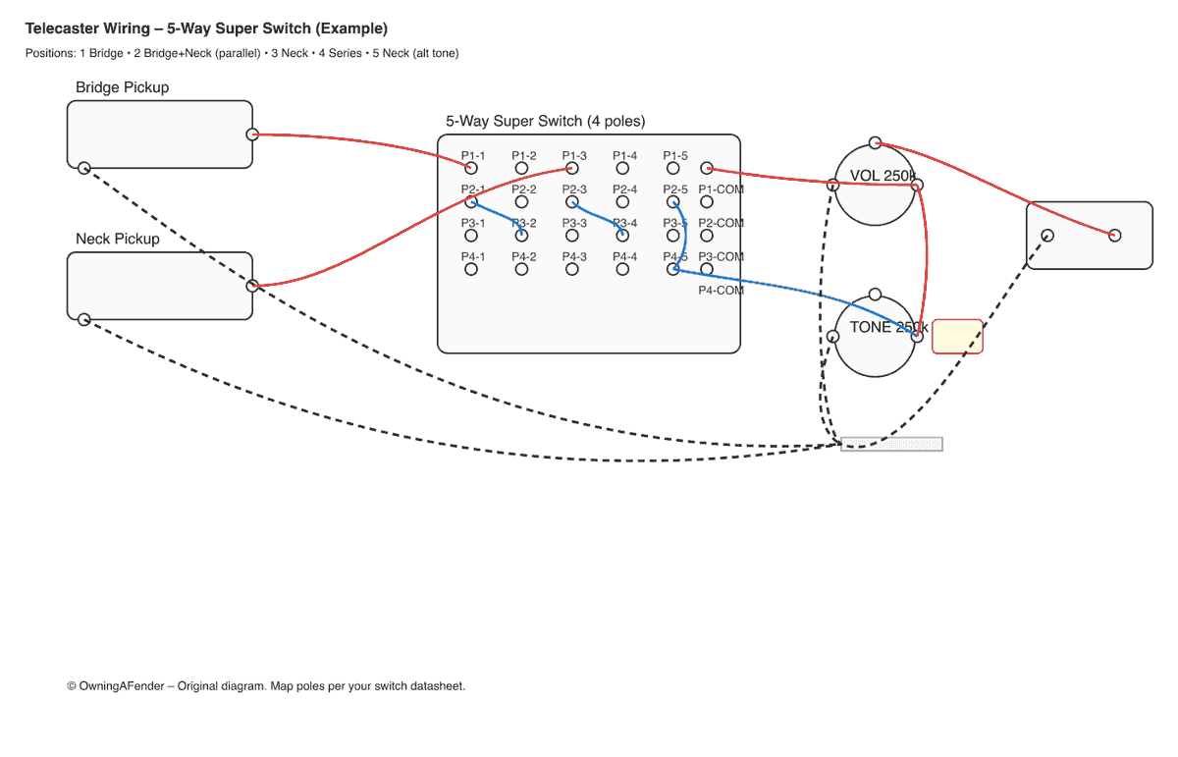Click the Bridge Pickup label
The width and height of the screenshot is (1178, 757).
coord(122,87)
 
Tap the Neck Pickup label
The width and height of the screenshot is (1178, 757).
coord(117,239)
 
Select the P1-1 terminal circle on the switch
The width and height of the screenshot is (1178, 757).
coord(471,169)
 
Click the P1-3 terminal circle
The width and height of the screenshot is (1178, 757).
coord(572,169)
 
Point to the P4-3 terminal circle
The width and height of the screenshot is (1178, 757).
coord(572,269)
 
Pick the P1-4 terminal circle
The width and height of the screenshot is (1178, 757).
coord(622,169)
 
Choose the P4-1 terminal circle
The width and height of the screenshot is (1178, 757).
coord(471,269)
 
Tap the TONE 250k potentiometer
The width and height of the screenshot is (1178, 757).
coord(875,336)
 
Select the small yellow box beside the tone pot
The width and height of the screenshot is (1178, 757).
coord(956,336)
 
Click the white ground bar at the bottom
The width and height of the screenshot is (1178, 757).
coord(891,444)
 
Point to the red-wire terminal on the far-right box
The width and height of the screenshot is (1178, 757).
coord(1114,235)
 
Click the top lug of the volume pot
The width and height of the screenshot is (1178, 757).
coord(875,143)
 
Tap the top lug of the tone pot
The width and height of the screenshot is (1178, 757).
coord(875,295)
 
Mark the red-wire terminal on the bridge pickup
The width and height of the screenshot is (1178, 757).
coord(252,135)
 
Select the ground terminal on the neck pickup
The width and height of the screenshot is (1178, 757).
coord(84,319)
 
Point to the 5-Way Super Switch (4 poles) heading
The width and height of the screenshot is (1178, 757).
coord(545,122)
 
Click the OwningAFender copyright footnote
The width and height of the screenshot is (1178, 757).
coord(265,686)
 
